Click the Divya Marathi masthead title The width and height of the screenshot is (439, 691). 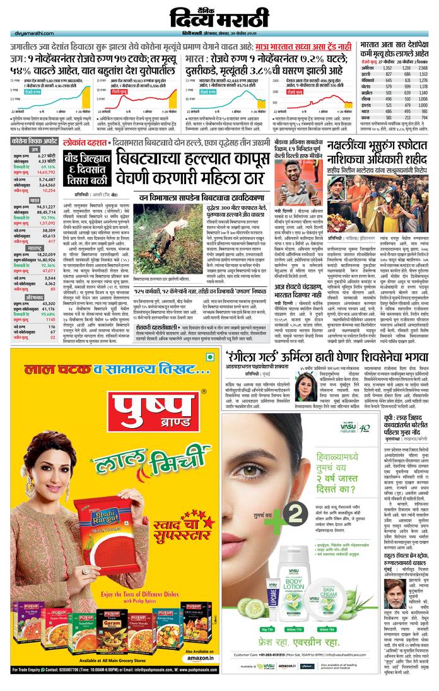tap(220, 16)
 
